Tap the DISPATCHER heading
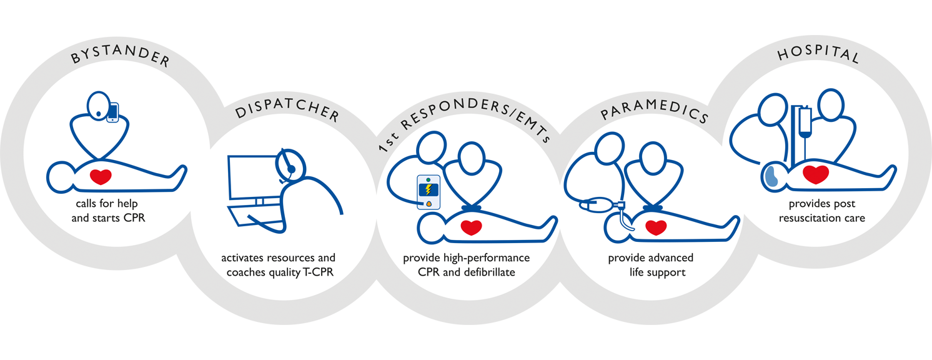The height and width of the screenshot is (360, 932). click(287, 114)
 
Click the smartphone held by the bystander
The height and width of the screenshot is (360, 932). click(112, 112)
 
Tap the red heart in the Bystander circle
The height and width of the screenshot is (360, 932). click(100, 177)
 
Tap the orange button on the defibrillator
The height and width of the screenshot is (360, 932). click(429, 203)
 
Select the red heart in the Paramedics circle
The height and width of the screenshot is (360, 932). click(656, 227)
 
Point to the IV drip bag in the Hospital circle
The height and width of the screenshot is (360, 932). click(803, 121)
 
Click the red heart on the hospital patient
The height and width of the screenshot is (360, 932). click(816, 174)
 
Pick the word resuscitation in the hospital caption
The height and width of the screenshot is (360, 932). click(806, 219)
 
